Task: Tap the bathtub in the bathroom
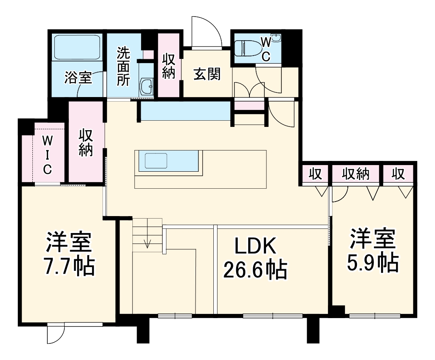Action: [78, 47]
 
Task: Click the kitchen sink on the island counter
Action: [156, 161]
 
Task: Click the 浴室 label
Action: [78, 78]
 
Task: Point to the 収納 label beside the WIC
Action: [86, 143]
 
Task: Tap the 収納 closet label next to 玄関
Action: [169, 66]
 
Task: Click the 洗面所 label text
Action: [123, 66]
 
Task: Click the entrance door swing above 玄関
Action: [208, 32]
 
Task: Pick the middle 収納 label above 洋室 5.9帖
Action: [356, 175]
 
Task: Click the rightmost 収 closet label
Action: [398, 175]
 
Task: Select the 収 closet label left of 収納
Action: [316, 175]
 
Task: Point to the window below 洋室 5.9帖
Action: [375, 316]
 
